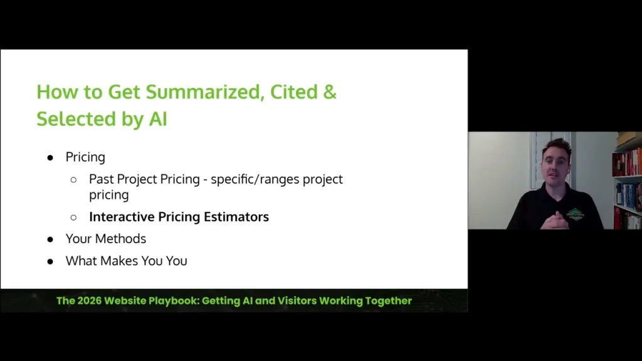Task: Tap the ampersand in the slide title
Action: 330,92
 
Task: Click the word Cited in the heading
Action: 292,92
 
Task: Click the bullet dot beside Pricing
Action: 51,157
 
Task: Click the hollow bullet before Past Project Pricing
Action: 74,179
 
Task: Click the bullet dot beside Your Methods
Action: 51,239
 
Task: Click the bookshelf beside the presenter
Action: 628,182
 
